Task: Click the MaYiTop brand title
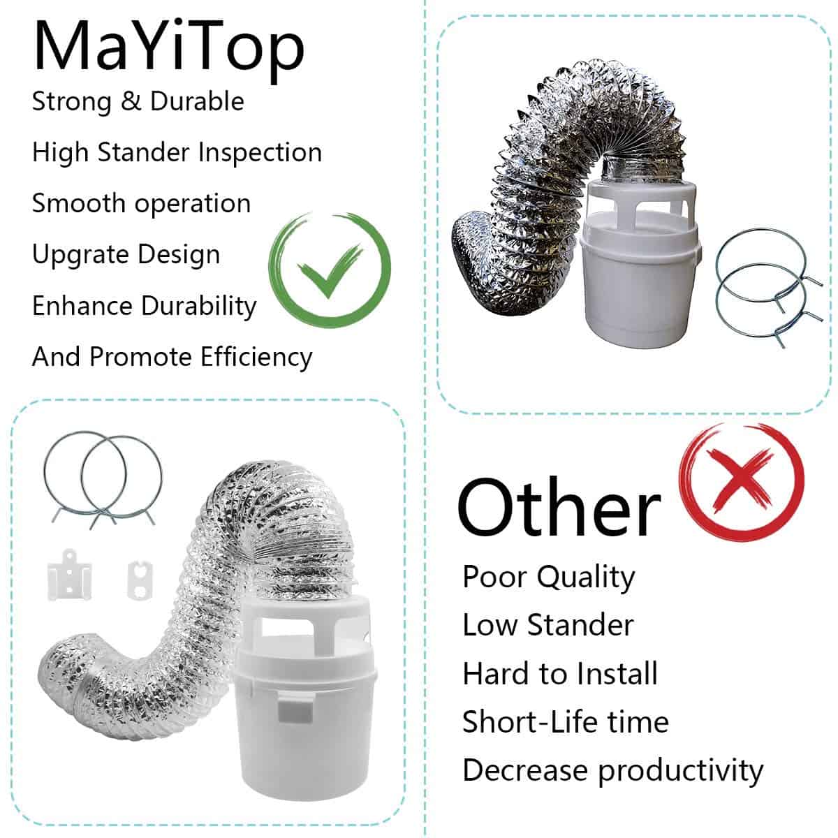(169, 49)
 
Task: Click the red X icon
(741, 482)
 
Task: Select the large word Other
(559, 507)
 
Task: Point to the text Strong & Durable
(138, 102)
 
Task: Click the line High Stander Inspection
(177, 153)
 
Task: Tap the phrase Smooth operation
(141, 203)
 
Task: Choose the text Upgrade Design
(126, 255)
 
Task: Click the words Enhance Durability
(145, 306)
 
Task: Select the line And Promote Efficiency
(172, 357)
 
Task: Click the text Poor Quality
(548, 578)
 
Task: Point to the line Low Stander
(548, 625)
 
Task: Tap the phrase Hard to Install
(559, 674)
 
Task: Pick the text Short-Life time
(566, 722)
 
